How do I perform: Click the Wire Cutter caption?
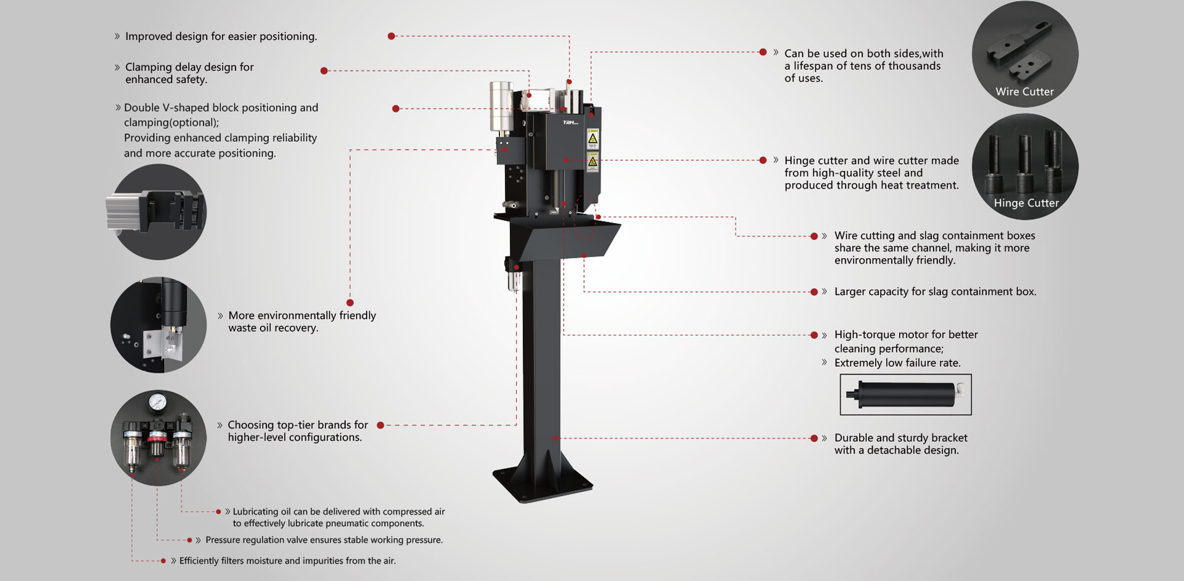click(x=1024, y=92)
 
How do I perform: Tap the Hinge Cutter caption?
click(x=1026, y=203)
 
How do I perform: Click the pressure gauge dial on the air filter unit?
click(x=157, y=402)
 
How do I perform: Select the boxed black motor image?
click(x=905, y=394)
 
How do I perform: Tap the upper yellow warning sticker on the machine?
click(x=593, y=139)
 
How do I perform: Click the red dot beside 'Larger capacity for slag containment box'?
click(x=814, y=292)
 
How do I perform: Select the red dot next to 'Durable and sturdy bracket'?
click(x=814, y=439)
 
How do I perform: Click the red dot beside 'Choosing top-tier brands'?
click(x=380, y=425)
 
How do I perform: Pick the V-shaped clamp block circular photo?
click(x=158, y=211)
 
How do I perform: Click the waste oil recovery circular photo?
click(x=158, y=325)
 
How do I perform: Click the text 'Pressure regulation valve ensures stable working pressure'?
click(x=324, y=540)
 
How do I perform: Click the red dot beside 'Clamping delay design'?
click(x=324, y=71)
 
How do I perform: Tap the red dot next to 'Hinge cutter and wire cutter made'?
click(x=763, y=160)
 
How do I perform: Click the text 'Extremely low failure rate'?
click(x=897, y=363)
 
